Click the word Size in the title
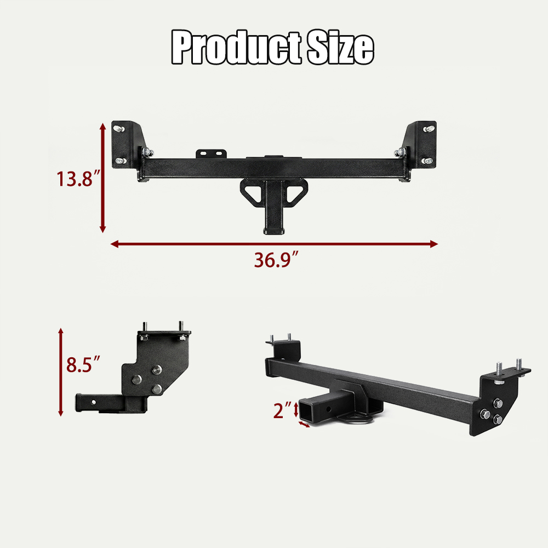click(x=340, y=47)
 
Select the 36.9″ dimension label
click(x=276, y=260)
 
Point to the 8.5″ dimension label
click(x=83, y=364)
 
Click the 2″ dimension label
click(x=282, y=410)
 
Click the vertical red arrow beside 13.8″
click(x=103, y=178)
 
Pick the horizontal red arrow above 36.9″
click(x=274, y=244)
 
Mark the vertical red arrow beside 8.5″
click(x=61, y=372)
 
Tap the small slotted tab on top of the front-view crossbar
click(x=211, y=154)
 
